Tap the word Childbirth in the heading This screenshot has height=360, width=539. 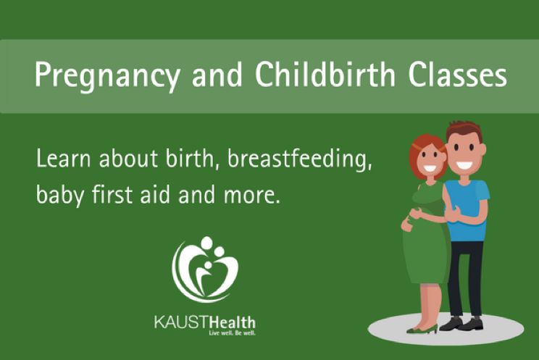(x=325, y=74)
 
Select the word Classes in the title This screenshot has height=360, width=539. (x=458, y=75)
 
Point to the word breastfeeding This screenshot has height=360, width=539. (x=300, y=159)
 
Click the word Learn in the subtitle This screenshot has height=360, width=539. (x=64, y=159)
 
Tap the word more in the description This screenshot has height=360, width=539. (x=252, y=196)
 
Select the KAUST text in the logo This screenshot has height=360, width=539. (x=182, y=322)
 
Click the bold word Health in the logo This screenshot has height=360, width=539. (x=232, y=322)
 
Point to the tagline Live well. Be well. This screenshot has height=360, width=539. (x=232, y=332)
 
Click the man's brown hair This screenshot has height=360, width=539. (x=464, y=129)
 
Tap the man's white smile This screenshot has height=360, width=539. (x=464, y=165)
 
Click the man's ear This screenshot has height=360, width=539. (x=483, y=149)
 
